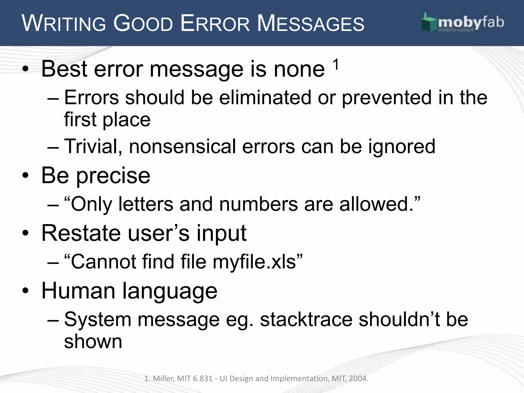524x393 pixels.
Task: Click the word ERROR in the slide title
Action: [x=215, y=24]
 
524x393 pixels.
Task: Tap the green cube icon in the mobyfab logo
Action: [x=428, y=23]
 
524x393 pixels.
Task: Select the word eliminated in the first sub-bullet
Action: [x=265, y=97]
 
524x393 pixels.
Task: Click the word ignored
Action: [x=401, y=146]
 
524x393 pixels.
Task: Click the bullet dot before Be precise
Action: [x=25, y=176]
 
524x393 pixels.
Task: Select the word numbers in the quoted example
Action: [x=258, y=204]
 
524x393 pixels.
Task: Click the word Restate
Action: [x=81, y=233]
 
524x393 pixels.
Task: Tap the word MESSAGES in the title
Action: [x=310, y=24]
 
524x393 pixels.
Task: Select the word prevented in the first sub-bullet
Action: [x=387, y=97]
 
